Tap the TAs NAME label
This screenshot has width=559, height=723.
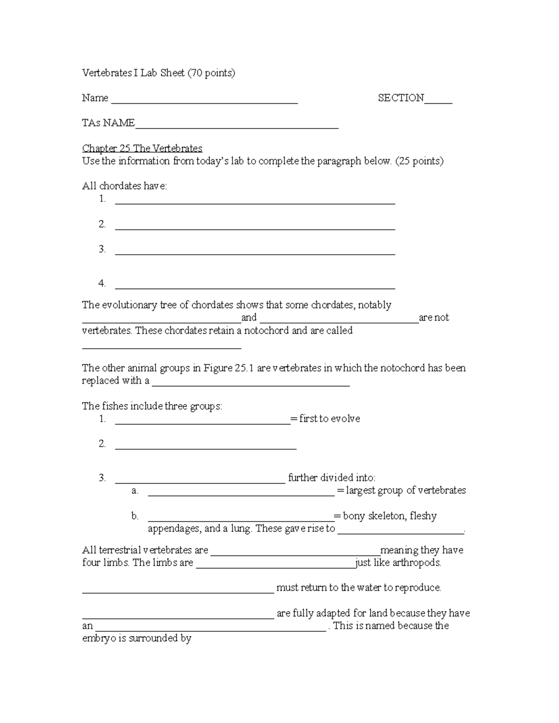[x=108, y=123]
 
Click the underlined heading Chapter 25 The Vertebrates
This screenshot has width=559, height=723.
[x=142, y=148]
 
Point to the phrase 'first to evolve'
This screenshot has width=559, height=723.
[x=329, y=419]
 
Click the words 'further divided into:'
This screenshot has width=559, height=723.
[x=332, y=478]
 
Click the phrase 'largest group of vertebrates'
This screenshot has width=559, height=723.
[x=406, y=490]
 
